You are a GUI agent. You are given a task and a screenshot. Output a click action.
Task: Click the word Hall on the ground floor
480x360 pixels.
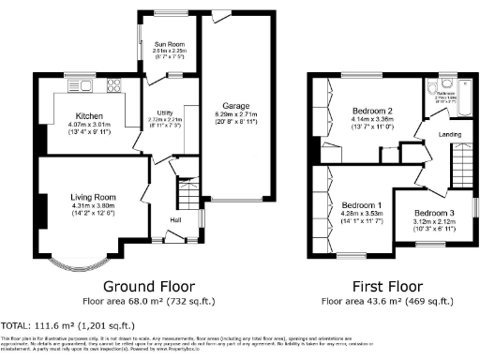coord(175,220)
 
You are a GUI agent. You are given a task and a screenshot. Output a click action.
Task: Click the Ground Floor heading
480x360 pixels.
coord(148,286)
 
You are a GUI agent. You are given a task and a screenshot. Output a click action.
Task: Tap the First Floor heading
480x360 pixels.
coord(384,286)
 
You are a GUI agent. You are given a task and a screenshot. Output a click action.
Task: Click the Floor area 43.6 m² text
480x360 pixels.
coord(384,302)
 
